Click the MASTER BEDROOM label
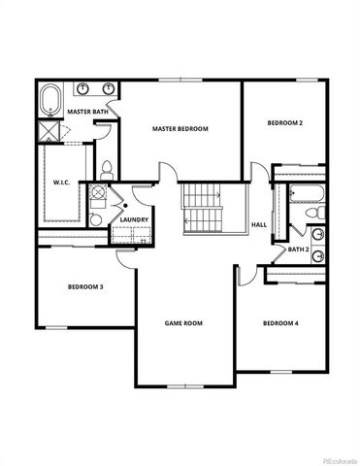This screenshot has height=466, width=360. point(180,128)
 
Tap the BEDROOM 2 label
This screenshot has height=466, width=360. point(285,122)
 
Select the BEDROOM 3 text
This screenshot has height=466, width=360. point(85,286)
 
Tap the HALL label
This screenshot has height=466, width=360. point(259,225)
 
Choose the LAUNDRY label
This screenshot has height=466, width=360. point(134,219)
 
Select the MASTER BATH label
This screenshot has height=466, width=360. point(86,112)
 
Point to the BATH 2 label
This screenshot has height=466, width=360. point(298,250)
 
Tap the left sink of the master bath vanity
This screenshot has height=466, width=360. point(83,90)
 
